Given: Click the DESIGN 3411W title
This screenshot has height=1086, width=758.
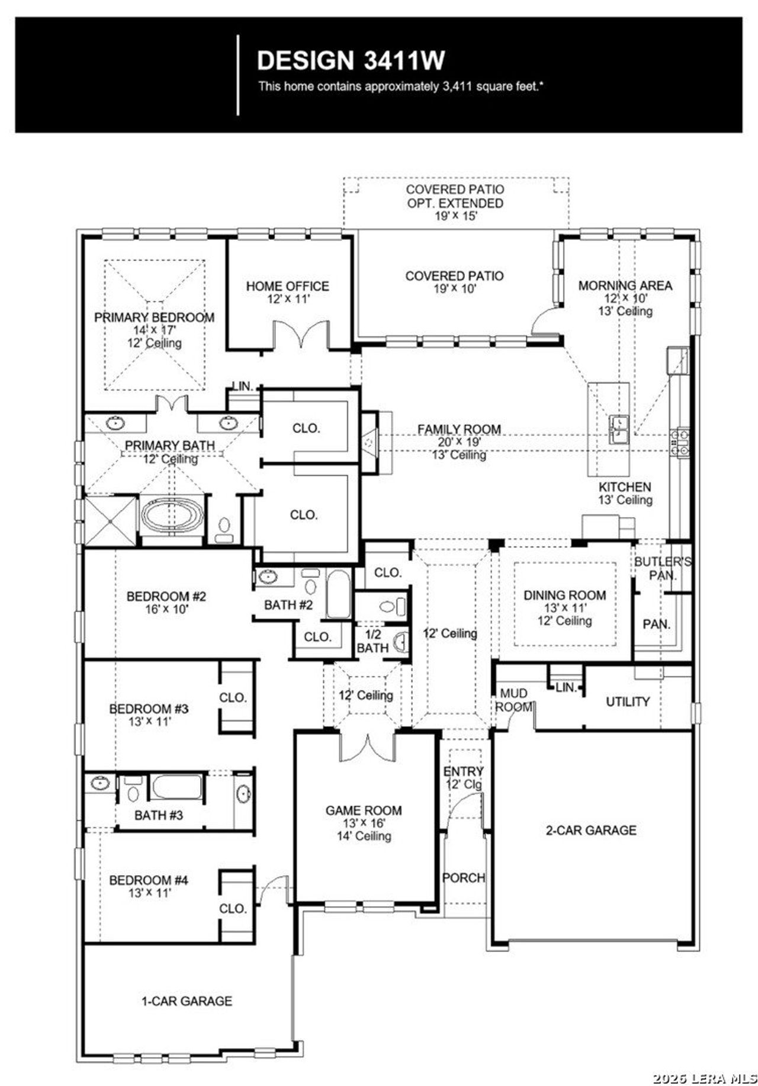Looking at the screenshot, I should pos(351,60).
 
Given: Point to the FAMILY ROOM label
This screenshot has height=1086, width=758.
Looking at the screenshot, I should pos(459,430).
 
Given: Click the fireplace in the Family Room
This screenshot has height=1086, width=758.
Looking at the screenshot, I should pos(370,442).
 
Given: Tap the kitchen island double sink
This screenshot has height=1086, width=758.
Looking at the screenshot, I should pos(619,430).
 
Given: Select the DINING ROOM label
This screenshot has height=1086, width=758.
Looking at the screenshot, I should pos(564,595).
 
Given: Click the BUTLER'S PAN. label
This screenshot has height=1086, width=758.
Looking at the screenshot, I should pos(662,568).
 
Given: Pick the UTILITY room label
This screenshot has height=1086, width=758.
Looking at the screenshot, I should pos(628,702).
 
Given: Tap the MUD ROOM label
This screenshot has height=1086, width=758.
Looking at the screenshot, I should pos(513,700).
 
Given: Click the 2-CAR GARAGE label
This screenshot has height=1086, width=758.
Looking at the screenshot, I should pos(591,831).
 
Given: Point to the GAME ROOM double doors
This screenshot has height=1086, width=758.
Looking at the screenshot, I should pos(367,748).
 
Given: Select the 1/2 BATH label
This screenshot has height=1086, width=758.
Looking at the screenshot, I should pos(372,641).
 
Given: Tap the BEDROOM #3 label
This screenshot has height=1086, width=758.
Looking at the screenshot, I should pos(149,709).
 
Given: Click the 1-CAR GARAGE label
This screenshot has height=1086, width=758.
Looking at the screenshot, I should pos(187,1001).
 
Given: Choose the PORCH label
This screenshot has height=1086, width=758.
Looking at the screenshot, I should pos(464,878).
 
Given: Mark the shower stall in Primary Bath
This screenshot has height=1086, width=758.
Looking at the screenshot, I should pos(110,521).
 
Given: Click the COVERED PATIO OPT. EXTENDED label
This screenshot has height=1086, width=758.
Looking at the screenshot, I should pos(455,196).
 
